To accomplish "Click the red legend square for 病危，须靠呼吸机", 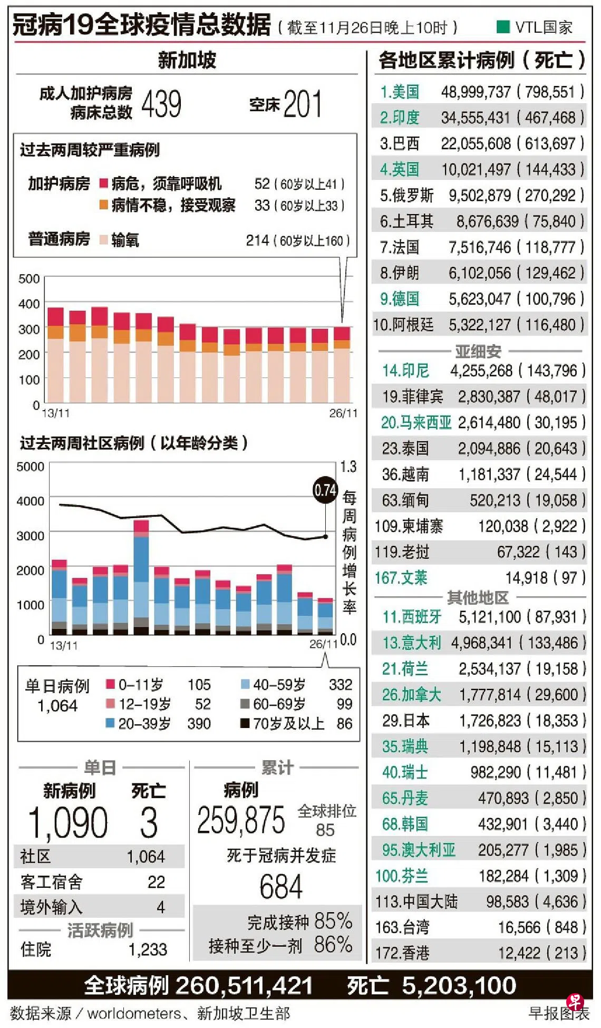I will pos(104,183).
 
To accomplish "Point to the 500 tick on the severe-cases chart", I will pos(29,278).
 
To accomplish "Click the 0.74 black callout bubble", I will pos(325,490).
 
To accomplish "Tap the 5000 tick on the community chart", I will pos(30,467).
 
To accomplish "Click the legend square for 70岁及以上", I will pos(245,723).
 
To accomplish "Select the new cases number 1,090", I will pos(68,823).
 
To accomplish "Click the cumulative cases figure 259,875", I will pos(241,820).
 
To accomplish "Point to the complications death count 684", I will pos(280,887).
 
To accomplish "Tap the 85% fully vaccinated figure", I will pos(333,921).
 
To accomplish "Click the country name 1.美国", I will pos(400,92).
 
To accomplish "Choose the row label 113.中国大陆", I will pos(416,901).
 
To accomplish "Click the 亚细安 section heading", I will pos(478,351).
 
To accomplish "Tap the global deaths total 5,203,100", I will pos(459,985).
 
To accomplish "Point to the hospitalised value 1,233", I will pos(148,949).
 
